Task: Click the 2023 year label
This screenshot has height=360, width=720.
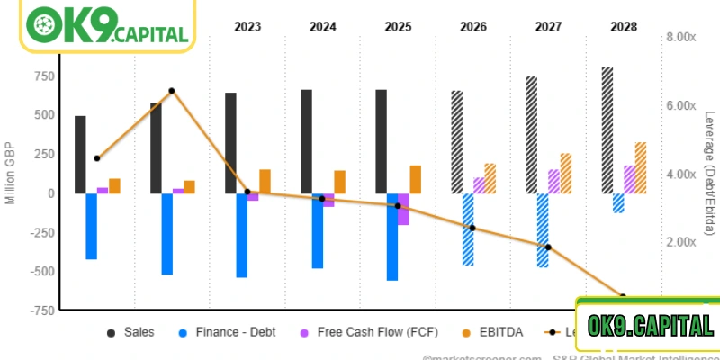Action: point(247,27)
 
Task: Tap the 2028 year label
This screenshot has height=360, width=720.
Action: point(623,27)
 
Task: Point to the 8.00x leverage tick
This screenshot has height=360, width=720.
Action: point(679,37)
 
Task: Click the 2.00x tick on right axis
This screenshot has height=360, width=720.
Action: point(679,242)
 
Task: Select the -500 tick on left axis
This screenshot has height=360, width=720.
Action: point(40,271)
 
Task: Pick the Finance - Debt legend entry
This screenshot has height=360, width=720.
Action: point(224,332)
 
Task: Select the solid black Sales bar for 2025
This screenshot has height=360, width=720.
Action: point(382,141)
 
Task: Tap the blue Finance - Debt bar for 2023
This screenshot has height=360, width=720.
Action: point(242,235)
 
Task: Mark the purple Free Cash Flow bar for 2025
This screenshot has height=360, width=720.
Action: point(403,209)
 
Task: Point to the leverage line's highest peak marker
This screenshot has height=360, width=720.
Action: point(172,91)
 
